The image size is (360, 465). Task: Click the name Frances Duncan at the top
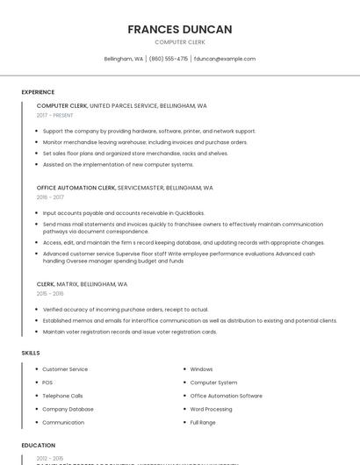click(179, 29)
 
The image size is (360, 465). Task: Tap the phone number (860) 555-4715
click(169, 59)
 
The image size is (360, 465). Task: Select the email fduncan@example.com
click(225, 59)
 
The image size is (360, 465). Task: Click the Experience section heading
click(38, 92)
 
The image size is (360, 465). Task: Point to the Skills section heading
click(31, 353)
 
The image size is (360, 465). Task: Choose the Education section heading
click(39, 446)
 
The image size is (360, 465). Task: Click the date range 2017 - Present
click(55, 115)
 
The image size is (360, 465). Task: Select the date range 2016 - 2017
click(50, 197)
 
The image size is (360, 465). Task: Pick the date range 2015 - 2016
click(50, 294)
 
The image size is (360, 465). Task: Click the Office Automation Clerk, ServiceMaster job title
click(125, 188)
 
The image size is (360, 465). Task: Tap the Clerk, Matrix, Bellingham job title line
click(82, 284)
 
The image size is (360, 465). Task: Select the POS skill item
click(47, 383)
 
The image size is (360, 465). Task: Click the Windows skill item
click(201, 369)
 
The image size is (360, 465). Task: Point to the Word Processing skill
click(211, 409)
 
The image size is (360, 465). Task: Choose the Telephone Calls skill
click(62, 396)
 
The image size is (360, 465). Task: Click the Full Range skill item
click(203, 422)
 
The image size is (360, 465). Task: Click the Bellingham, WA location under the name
click(123, 59)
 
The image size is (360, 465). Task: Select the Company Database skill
click(68, 409)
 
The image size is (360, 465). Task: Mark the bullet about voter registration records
click(129, 332)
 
